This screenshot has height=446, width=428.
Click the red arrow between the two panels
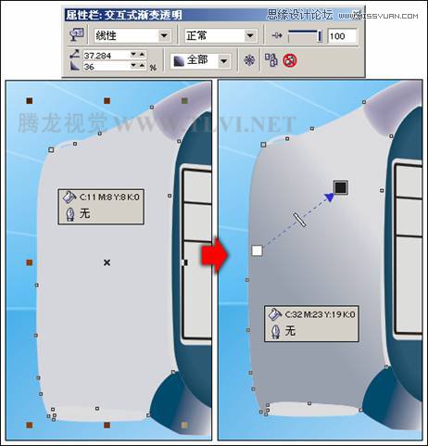coord(213,256)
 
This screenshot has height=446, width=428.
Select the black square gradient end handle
coord(340,188)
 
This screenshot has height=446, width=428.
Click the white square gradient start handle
coord(257,250)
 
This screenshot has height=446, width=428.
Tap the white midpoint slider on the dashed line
coord(299,219)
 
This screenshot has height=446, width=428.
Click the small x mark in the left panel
coord(107,263)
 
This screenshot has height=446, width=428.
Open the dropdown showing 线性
coord(132,35)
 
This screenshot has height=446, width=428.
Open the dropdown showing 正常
coord(219,35)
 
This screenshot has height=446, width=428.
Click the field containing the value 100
coord(341,36)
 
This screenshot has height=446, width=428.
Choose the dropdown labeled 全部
coord(199,60)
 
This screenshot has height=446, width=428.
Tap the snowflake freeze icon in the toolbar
coord(247,60)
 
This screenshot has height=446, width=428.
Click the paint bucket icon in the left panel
coord(69,197)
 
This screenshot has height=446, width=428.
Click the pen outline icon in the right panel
coord(274,329)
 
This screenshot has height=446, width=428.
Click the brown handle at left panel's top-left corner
coord(30,100)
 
